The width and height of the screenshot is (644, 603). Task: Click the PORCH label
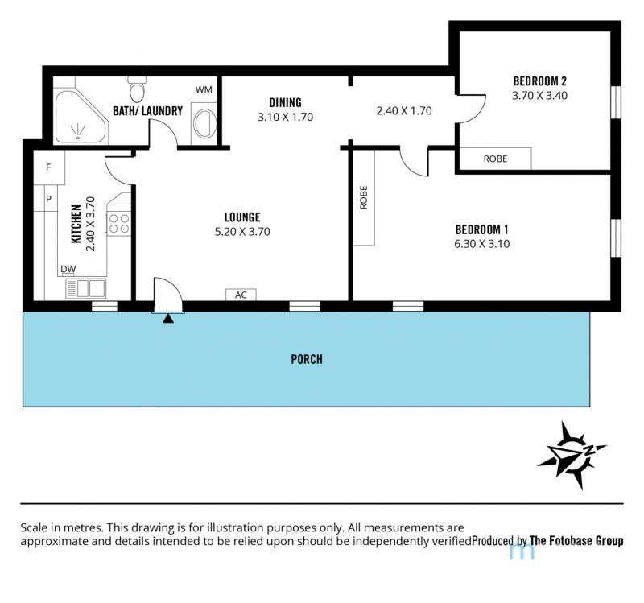[307, 359]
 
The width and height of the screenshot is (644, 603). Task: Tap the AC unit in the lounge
[241, 295]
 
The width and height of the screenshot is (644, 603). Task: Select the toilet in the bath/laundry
[137, 89]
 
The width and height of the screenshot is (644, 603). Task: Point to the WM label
[204, 89]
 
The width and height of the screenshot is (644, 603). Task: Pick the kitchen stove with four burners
[118, 224]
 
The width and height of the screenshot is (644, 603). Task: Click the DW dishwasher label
[68, 269]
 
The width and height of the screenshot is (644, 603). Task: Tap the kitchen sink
[85, 288]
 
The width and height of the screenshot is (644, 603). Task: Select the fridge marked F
[49, 167]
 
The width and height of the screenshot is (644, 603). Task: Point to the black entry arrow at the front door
[168, 318]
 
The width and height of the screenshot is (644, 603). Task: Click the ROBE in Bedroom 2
[495, 159]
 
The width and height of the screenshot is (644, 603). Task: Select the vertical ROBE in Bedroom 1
[364, 197]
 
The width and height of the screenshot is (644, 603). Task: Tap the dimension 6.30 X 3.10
[481, 244]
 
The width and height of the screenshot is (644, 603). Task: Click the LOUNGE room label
[242, 217]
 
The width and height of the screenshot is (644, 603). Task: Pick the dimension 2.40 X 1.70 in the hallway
[404, 111]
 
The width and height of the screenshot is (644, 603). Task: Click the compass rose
[572, 455]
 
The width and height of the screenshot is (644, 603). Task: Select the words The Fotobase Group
[576, 540]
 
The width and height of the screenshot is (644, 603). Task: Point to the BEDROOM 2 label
[539, 81]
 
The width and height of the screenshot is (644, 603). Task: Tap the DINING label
[285, 102]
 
